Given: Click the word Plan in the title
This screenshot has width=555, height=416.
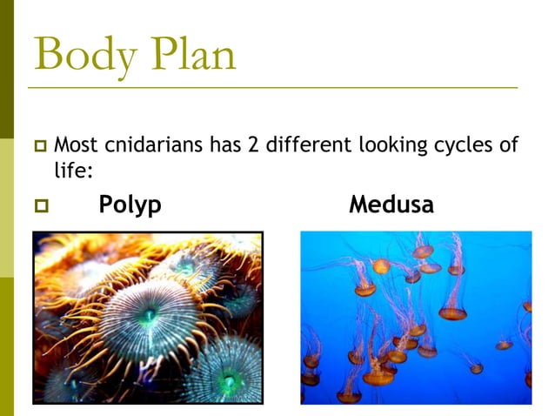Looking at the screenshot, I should [x=191, y=55].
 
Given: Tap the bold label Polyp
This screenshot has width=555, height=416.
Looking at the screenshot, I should [x=130, y=205].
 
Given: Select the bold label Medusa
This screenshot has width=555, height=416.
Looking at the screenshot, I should [x=391, y=205].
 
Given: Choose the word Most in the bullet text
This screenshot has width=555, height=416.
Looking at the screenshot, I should [x=74, y=144].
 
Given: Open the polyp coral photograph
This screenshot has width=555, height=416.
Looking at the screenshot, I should [x=147, y=318].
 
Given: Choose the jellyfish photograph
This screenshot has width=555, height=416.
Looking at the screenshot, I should [x=415, y=318].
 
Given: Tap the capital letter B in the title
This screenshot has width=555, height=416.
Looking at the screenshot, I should [x=50, y=55].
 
